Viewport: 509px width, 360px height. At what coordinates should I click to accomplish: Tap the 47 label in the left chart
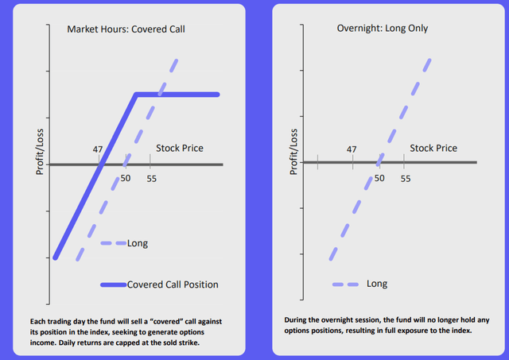(99, 149)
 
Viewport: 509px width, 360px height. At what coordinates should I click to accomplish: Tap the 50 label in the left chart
(126, 179)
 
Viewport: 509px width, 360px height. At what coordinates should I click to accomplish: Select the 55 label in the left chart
(151, 179)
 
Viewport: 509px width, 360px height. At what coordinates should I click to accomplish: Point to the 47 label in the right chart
(352, 149)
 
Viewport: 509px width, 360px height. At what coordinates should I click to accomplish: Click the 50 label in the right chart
(379, 179)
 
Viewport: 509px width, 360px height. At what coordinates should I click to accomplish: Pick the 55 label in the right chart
(405, 179)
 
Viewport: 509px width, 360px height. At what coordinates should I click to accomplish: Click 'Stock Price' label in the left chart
(179, 148)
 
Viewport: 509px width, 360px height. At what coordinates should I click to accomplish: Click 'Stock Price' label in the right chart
(433, 148)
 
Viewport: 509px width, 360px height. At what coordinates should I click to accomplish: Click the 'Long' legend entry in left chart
(138, 243)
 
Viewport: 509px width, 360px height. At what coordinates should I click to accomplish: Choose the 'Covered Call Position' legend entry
(173, 285)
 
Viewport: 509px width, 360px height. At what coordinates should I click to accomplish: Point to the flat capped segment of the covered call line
(179, 95)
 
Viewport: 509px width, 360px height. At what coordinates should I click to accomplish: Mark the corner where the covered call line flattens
(136, 95)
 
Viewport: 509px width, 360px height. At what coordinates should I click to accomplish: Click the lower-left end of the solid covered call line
(55, 257)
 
